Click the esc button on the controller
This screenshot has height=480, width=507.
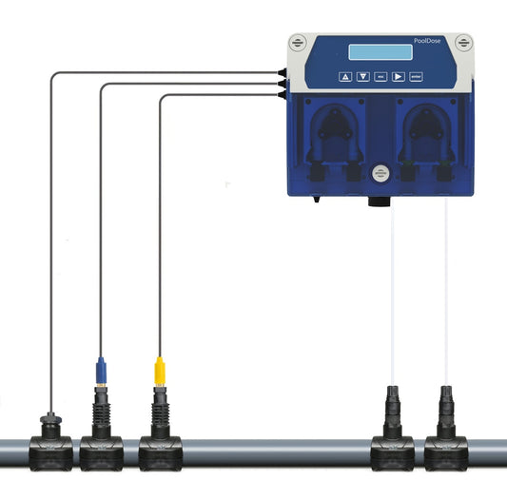coord(380,77)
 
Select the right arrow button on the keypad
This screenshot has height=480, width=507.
coord(399,77)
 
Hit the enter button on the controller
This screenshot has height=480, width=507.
coord(417,77)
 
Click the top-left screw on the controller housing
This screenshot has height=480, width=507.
coord(299,43)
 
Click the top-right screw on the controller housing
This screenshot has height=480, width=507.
coord(463,43)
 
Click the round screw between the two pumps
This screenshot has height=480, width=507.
coord(381,173)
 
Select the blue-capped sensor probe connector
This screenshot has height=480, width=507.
coord(101,370)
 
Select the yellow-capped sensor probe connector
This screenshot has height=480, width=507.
coord(159,370)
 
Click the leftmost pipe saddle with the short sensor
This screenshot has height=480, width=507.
coord(49,446)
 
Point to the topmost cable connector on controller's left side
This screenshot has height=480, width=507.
coord(283,71)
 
